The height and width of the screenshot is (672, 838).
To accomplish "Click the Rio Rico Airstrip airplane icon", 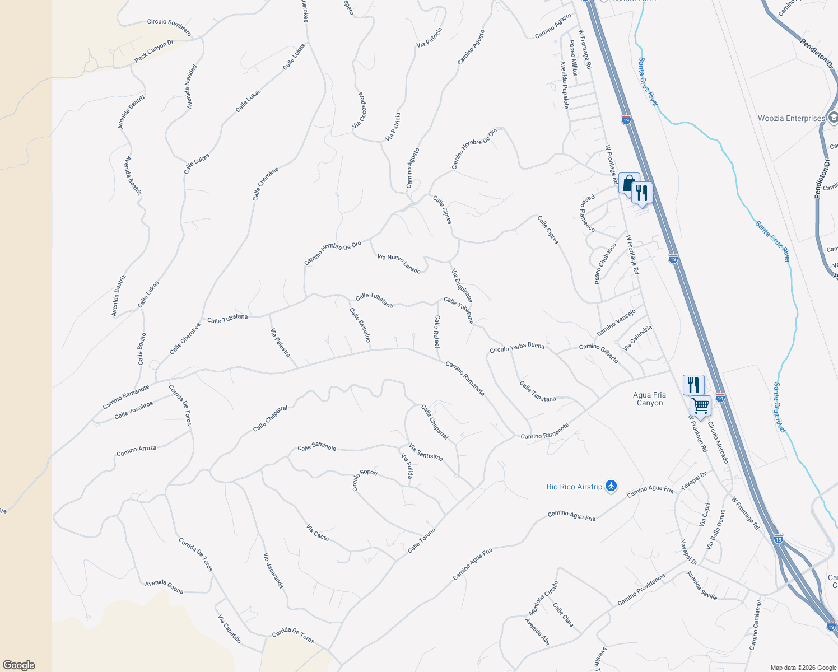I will (x=611, y=486).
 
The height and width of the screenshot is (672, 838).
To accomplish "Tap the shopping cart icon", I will (x=700, y=405).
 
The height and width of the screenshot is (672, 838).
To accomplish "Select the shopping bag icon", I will (x=628, y=183).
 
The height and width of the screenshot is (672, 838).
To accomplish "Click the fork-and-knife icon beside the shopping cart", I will (x=693, y=385).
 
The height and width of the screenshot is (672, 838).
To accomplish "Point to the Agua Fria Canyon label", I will (x=650, y=399).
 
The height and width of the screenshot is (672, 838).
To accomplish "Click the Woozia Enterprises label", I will (x=792, y=119).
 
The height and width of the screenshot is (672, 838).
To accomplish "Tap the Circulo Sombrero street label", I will (x=169, y=26).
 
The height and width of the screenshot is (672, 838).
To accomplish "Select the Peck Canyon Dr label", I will (x=153, y=52).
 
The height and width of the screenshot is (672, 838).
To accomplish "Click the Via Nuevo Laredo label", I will (x=399, y=263).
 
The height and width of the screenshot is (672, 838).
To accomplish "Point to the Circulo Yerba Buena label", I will (x=516, y=347).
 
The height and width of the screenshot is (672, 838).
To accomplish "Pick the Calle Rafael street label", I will (x=437, y=331).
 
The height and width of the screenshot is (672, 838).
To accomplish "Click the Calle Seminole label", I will (x=316, y=447).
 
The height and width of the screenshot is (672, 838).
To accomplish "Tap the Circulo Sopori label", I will (x=364, y=479).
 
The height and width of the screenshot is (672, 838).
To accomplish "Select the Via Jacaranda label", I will (x=273, y=571).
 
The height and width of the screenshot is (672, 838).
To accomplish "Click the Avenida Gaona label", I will (x=164, y=586).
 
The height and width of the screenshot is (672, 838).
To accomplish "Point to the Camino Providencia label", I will (x=641, y=590).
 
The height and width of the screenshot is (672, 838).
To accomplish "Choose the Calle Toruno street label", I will (x=421, y=540).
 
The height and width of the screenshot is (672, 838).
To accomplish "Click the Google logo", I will (x=18, y=665).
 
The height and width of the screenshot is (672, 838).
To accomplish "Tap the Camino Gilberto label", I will (x=598, y=353).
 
